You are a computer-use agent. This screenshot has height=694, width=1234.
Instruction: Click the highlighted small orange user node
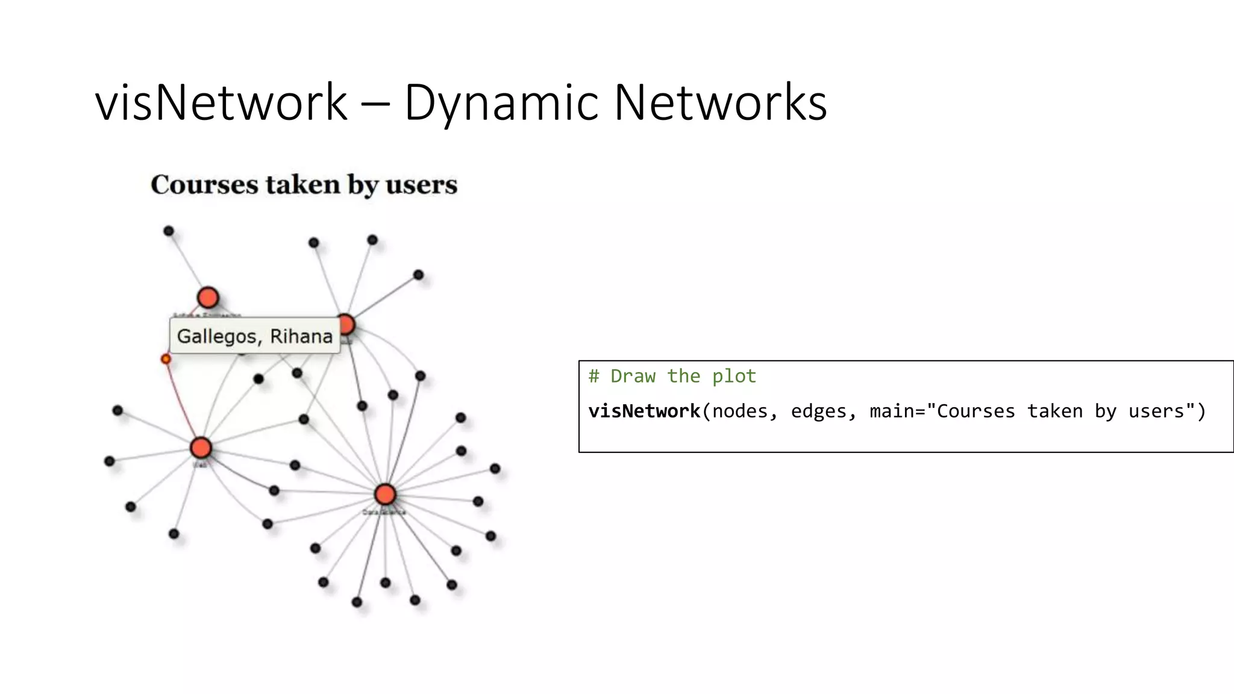[166, 359]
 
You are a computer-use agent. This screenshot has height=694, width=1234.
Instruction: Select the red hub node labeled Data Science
[385, 495]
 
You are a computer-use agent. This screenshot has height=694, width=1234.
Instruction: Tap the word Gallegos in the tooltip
[216, 336]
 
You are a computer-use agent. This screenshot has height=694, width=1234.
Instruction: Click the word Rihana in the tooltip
[301, 336]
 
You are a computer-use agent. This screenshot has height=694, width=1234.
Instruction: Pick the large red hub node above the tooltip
[208, 298]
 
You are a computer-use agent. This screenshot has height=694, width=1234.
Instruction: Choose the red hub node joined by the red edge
[201, 448]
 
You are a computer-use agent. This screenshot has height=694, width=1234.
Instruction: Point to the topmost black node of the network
[169, 231]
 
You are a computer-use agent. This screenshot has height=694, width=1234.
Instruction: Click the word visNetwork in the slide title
[221, 102]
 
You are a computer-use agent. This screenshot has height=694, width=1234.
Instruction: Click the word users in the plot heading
[421, 185]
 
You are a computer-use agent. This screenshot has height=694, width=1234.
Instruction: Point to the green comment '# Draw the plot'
[672, 377]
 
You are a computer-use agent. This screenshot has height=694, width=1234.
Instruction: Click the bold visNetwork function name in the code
[644, 411]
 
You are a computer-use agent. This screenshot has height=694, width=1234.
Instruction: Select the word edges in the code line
[822, 411]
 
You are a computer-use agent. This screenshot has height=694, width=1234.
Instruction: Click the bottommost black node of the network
[357, 602]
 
